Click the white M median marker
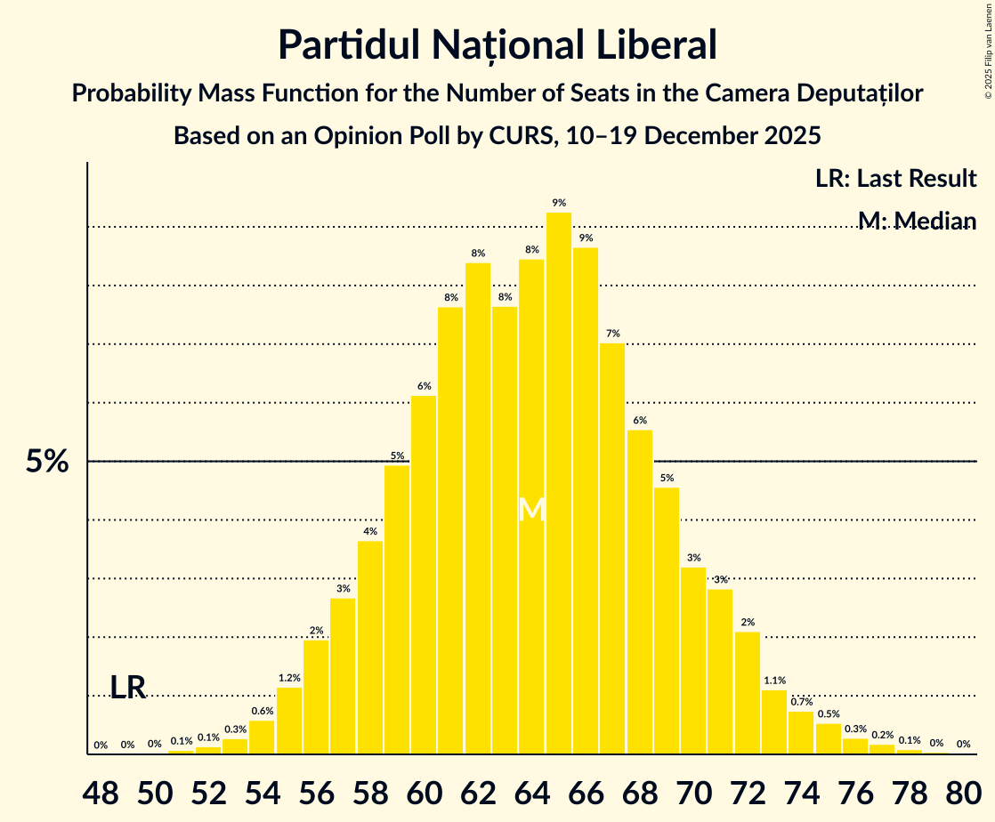point(532,510)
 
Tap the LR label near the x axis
point(128,688)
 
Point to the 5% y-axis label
point(46,462)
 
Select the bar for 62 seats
point(478,508)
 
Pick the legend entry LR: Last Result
point(895,178)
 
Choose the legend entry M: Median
point(917,221)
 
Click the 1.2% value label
point(289,678)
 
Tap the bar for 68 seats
point(640,592)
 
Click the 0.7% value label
point(801,702)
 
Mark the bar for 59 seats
point(397,609)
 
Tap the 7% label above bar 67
point(613,334)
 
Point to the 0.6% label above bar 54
point(263,711)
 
